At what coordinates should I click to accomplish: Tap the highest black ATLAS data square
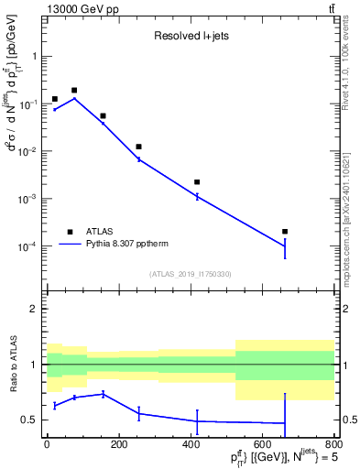point(74,91)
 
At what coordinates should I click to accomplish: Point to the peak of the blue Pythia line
point(74,98)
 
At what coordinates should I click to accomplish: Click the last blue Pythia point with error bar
point(285,245)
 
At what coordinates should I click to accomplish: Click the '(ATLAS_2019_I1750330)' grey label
point(190,274)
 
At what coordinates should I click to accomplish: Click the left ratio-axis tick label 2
point(34,310)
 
